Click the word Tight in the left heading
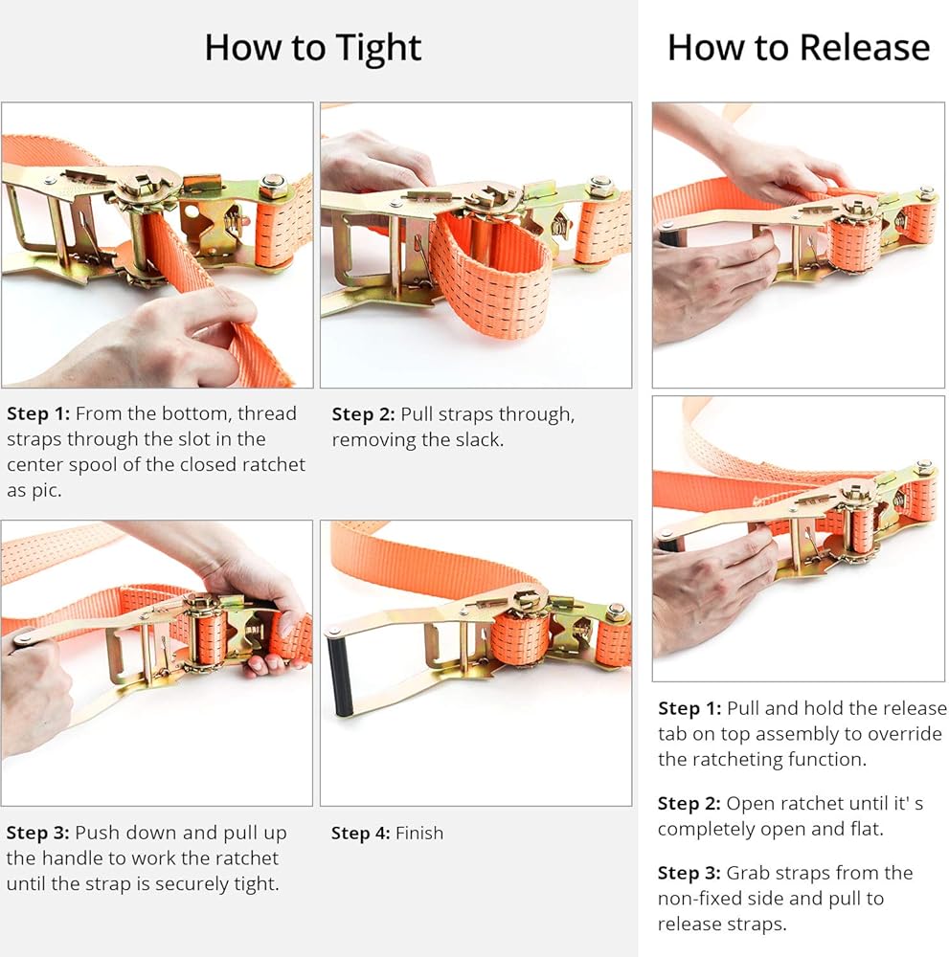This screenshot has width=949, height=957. (378, 49)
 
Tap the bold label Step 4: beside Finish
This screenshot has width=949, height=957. (360, 834)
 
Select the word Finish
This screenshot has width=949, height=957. (419, 834)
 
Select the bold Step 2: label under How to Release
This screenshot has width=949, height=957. (689, 803)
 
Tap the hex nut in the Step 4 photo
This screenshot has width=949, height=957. (617, 611)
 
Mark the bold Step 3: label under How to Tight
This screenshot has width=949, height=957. (38, 833)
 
